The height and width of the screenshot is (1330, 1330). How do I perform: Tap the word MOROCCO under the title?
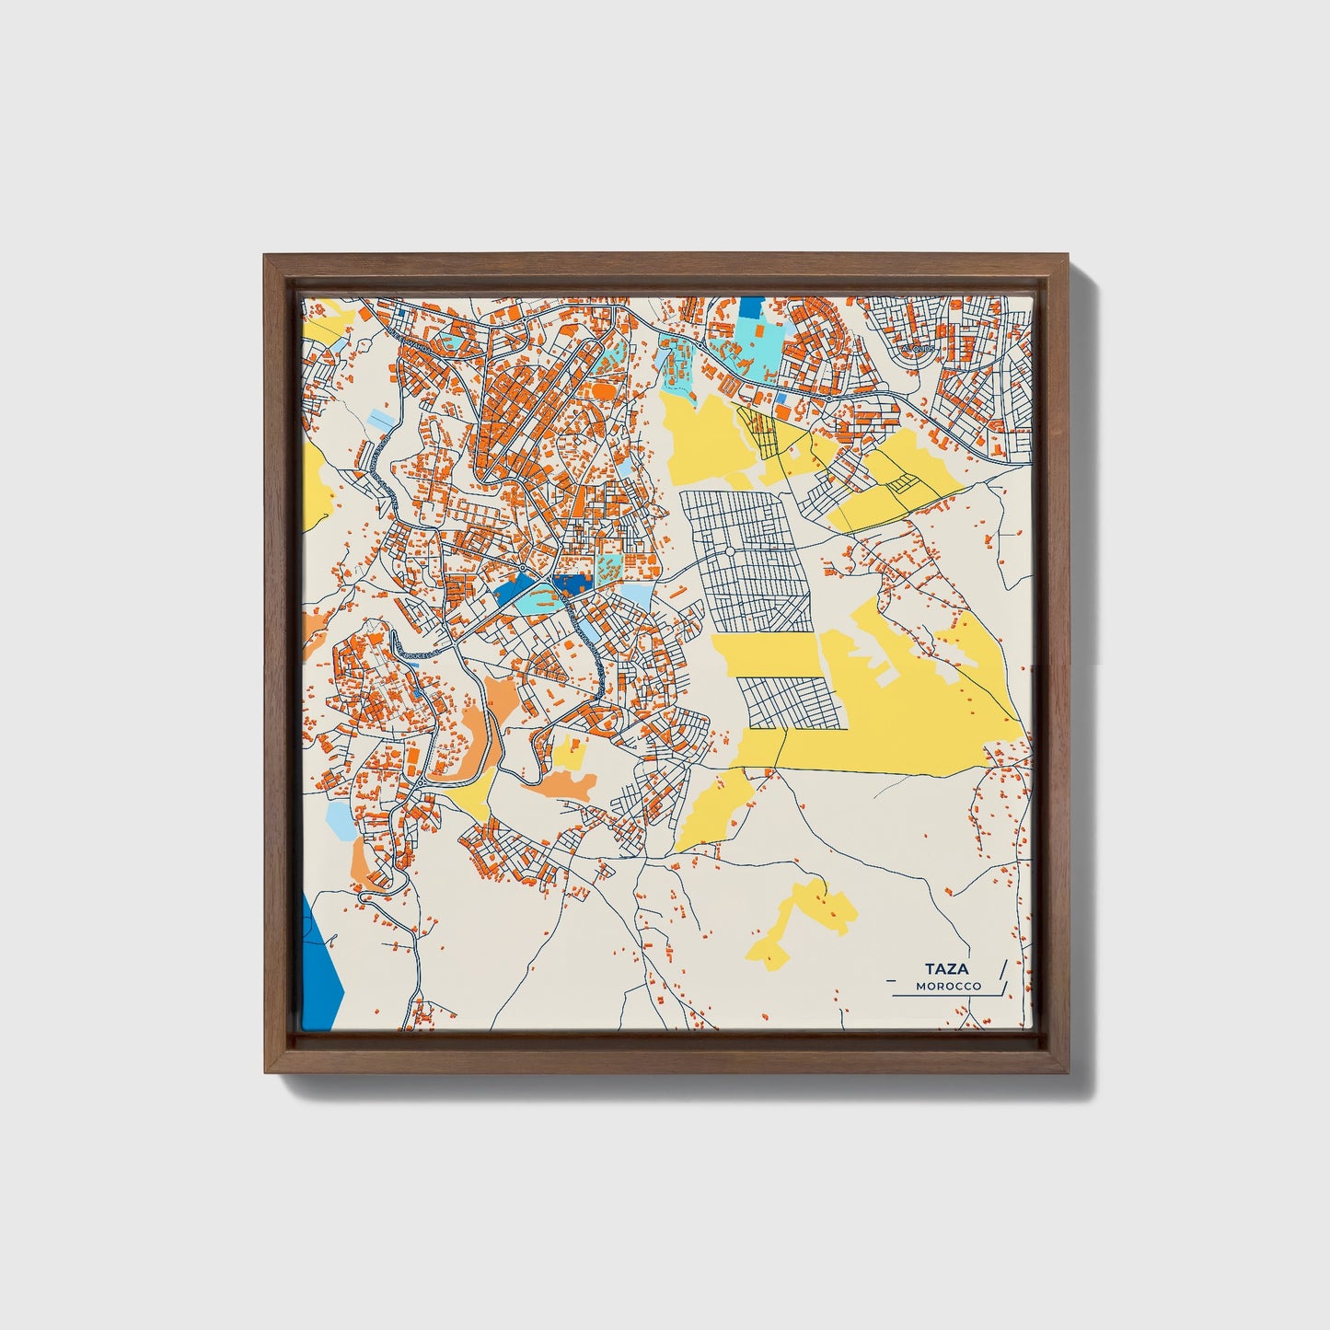[948, 986]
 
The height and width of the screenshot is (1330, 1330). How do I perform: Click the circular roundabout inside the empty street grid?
[729, 552]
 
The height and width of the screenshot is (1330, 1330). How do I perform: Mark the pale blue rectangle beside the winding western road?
[379, 421]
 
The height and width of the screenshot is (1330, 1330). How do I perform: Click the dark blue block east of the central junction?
[572, 584]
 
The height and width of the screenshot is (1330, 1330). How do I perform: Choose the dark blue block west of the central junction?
[511, 589]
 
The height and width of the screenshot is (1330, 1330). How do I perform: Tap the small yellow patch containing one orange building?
[570, 752]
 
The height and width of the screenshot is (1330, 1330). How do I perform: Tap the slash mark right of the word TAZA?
[1001, 969]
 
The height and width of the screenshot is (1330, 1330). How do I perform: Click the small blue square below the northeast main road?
[781, 399]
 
